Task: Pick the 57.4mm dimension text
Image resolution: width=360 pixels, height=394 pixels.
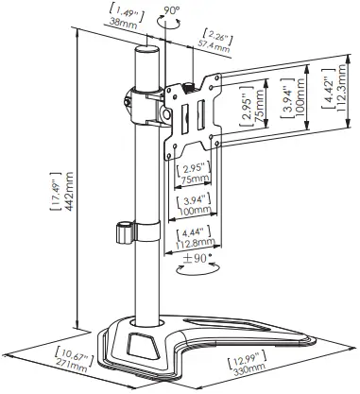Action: (x=219, y=43)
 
